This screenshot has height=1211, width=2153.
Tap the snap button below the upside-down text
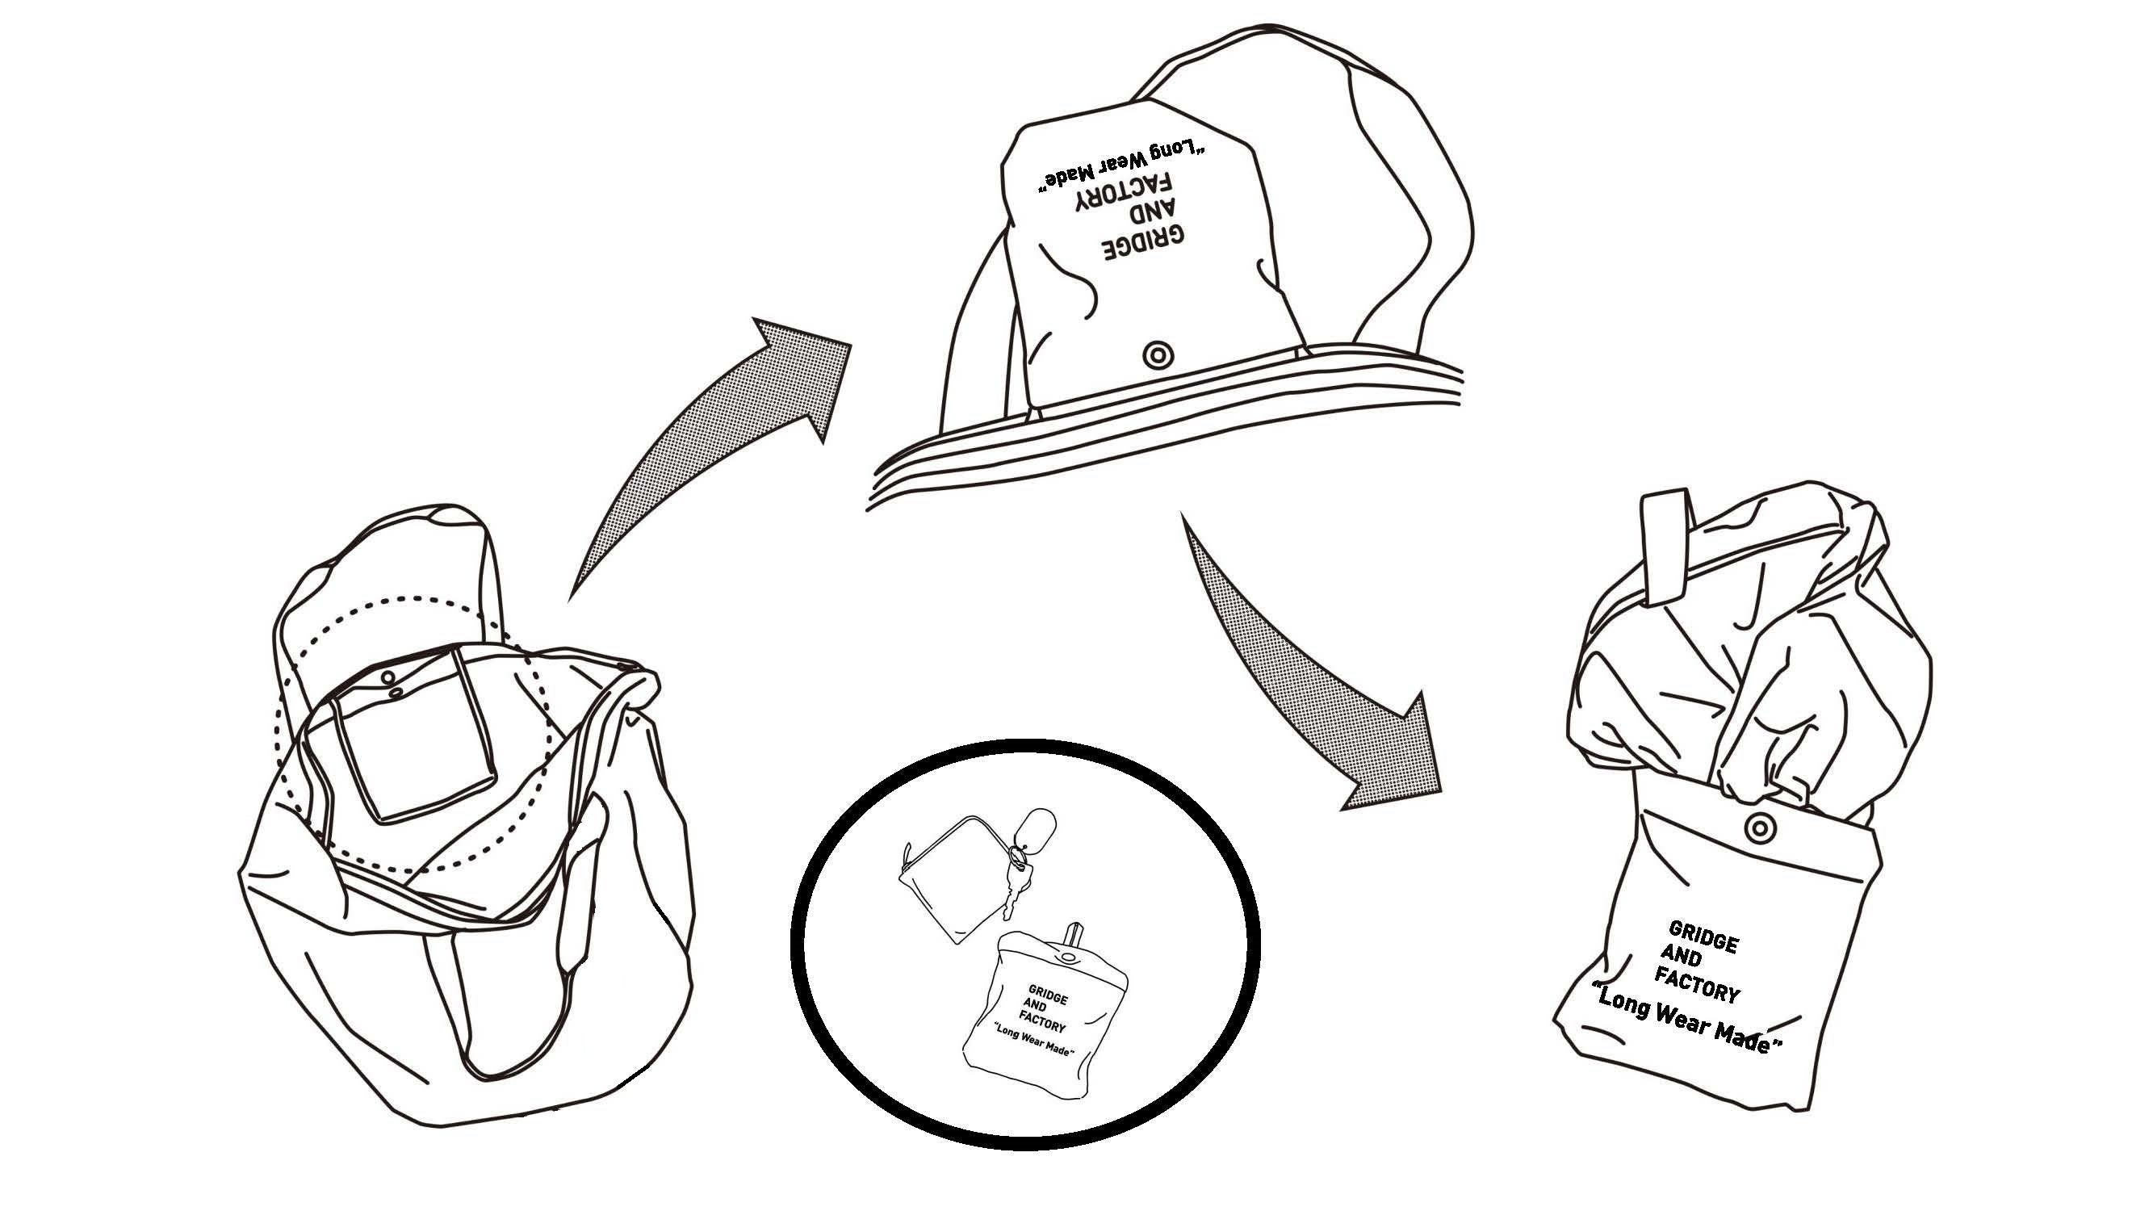click(x=1158, y=354)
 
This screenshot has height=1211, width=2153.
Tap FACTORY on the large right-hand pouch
click(x=1698, y=987)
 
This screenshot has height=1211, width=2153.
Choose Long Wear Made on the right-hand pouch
click(x=1688, y=1025)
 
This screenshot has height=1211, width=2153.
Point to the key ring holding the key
click(x=1018, y=855)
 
